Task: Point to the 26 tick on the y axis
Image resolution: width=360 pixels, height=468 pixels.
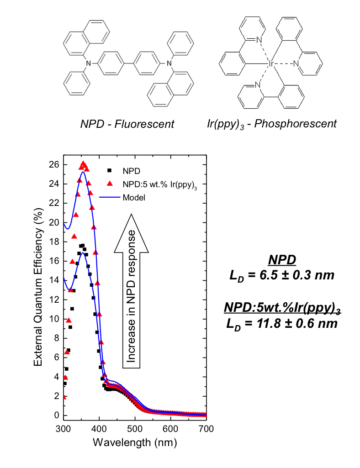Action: (55, 164)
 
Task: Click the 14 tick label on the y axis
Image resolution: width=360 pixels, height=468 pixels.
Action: (55, 280)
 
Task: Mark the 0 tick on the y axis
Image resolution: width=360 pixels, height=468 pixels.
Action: (57, 415)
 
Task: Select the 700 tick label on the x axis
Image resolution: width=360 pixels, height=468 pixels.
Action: (206, 429)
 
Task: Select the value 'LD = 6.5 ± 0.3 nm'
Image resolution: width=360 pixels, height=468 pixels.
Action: (282, 276)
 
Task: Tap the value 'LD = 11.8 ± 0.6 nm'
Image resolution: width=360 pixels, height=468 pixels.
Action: (282, 323)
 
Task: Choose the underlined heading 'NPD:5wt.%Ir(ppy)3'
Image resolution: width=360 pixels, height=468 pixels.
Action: (282, 308)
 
